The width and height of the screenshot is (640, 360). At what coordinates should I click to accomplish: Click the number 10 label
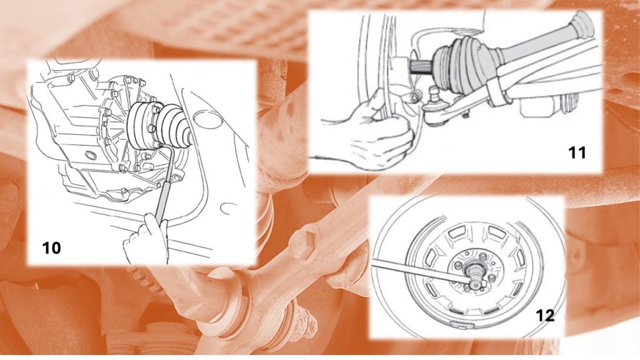(x=51, y=247)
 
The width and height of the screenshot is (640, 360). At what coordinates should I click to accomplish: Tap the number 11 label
(x=577, y=152)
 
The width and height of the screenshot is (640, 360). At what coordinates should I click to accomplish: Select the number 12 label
(x=545, y=316)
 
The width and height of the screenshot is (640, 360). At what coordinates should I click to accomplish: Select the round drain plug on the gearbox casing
(x=91, y=155)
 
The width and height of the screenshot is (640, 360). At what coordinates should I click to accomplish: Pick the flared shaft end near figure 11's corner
(x=584, y=24)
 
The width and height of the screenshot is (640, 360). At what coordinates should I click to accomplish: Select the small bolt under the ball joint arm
(x=464, y=116)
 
